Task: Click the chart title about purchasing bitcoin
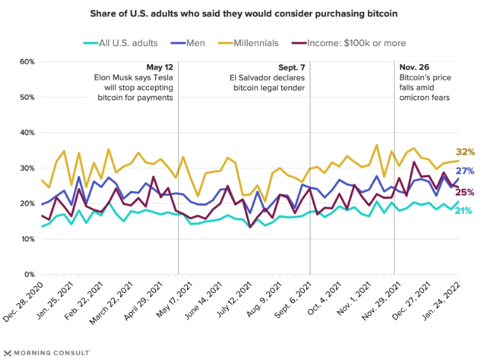[243, 14]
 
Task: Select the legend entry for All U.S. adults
[121, 43]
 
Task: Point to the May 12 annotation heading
[159, 67]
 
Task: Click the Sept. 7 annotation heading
[291, 67]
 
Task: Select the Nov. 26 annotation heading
[413, 67]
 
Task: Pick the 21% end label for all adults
[465, 211]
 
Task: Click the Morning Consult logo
[47, 352]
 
